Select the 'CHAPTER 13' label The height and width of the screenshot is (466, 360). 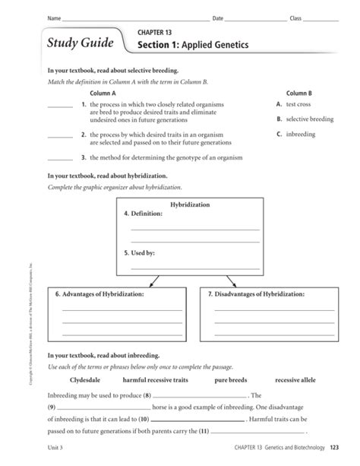pyautogui.click(x=155, y=33)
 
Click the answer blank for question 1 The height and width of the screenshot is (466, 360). pyautogui.click(x=60, y=106)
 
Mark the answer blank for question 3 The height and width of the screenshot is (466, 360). pyautogui.click(x=60, y=159)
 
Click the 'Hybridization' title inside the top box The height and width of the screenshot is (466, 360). pyautogui.click(x=190, y=205)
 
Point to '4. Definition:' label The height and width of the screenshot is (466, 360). pyautogui.click(x=144, y=214)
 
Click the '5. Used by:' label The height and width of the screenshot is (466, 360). pyautogui.click(x=140, y=252)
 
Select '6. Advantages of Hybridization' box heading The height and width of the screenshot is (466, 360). pyautogui.click(x=103, y=293)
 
